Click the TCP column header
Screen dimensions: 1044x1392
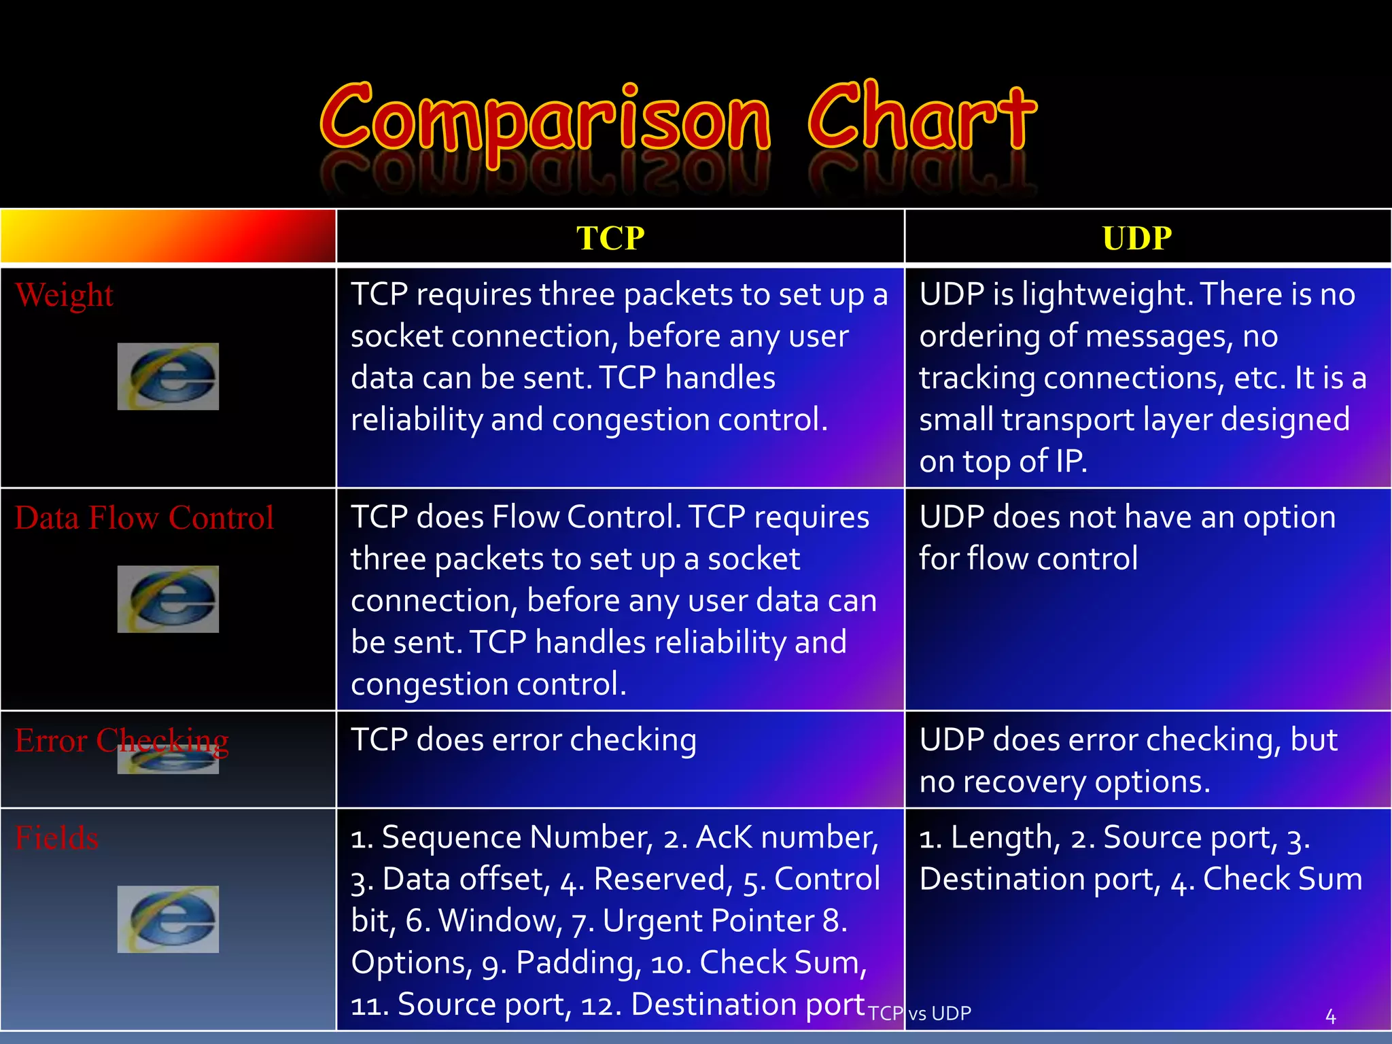click(610, 238)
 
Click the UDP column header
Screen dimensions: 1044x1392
click(1137, 238)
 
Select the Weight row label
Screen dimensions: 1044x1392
click(65, 296)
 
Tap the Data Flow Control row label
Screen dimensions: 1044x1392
click(144, 518)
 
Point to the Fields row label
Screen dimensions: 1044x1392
click(57, 838)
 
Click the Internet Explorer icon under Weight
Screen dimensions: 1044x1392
click(168, 377)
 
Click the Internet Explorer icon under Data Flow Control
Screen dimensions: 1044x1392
click(168, 599)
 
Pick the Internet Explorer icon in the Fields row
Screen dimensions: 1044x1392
click(168, 919)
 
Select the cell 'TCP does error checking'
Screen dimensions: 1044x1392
click(523, 740)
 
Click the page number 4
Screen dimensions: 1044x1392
click(1330, 1017)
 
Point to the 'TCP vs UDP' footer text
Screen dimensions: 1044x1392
click(920, 1013)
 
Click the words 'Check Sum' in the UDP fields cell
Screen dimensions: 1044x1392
click(1283, 879)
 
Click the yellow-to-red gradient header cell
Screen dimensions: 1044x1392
click(168, 237)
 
